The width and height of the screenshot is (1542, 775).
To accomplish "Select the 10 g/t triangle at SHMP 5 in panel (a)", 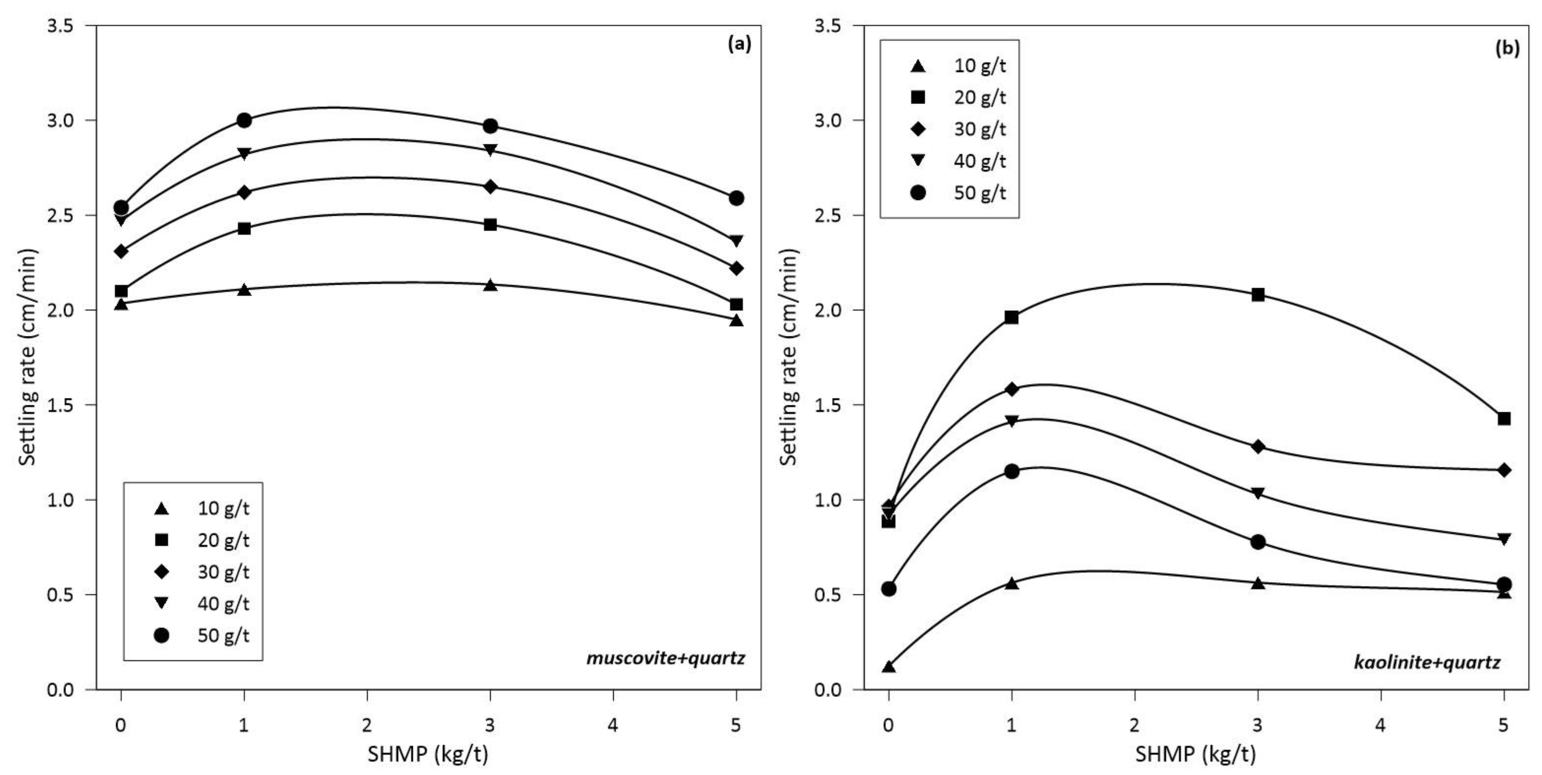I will [x=736, y=321].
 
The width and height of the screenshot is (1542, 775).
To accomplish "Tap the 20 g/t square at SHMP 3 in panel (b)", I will [x=1258, y=294].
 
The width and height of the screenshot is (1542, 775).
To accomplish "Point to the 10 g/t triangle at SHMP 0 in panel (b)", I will [x=889, y=667].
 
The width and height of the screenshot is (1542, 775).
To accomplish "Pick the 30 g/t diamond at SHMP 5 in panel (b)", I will [x=1504, y=470].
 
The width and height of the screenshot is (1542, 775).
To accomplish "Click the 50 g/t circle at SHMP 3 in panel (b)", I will [x=1258, y=542].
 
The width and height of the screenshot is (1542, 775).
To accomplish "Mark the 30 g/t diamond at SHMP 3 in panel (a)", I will [x=490, y=187].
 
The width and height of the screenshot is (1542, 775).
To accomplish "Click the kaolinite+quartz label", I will [x=1427, y=662].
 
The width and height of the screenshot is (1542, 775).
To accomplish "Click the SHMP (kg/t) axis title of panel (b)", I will [x=1195, y=755].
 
